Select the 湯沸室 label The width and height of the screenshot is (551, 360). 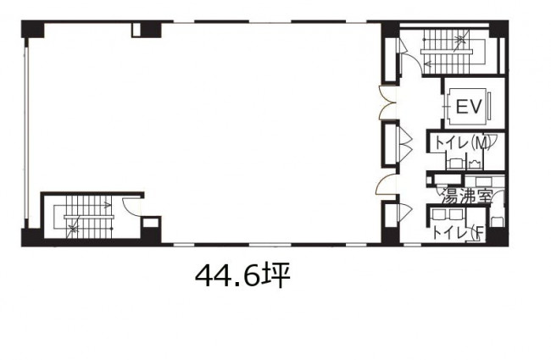coord(465,197)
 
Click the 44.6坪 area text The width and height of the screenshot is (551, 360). coord(242,275)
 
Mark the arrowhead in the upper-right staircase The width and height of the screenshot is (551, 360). coord(426,64)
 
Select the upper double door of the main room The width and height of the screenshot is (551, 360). coord(387,102)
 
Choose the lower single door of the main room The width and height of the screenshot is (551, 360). coord(386,185)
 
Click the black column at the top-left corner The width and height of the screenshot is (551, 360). coord(33,29)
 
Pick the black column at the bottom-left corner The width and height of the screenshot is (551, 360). coord(32,236)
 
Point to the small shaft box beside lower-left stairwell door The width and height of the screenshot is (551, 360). coord(150,223)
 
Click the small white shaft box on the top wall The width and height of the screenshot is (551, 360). coord(136,30)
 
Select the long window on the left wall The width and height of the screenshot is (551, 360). coord(25,133)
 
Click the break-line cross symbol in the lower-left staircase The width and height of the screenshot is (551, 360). coord(74,230)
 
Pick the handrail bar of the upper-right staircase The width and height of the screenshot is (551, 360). coord(446,52)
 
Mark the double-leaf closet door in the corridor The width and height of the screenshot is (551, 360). coord(404,142)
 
